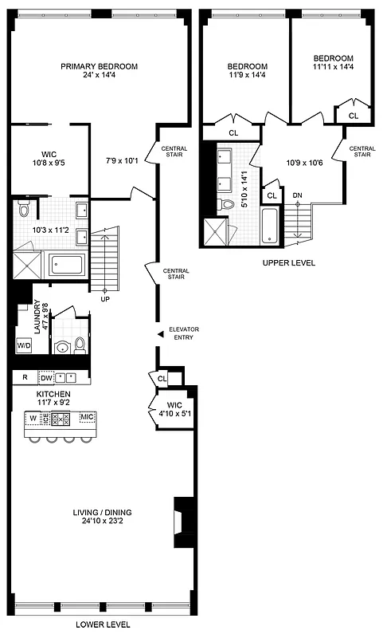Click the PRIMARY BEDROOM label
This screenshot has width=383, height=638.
pos(100,67)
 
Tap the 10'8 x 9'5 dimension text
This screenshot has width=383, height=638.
pos(49,167)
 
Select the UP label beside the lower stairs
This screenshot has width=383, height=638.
pos(104,299)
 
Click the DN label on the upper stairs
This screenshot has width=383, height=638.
pos(297,195)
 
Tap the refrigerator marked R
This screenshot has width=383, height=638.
pos(25,377)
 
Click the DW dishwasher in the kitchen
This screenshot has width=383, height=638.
pos(46,377)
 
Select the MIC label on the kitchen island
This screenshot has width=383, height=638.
pos(87,417)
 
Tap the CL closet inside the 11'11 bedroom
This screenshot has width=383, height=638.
pos(354,116)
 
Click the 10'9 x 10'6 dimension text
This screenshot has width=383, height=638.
pos(304,163)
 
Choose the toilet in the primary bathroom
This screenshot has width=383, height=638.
pos(24,209)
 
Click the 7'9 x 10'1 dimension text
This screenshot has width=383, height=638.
pos(121,160)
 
